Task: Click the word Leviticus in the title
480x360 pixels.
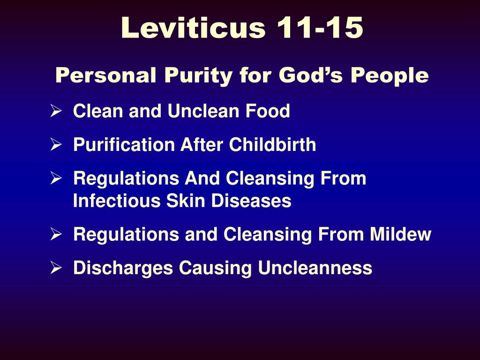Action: pos(193,28)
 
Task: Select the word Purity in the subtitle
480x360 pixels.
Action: pos(198,75)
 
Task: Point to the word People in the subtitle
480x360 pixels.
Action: pos(390,75)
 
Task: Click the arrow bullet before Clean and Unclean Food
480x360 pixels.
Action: pos(56,111)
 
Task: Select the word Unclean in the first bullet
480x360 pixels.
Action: pos(203,111)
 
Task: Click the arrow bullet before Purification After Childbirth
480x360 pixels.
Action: pos(56,144)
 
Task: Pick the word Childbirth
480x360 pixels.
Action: pos(272,144)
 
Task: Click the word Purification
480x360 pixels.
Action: pos(124,144)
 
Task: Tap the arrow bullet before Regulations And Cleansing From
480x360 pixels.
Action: pos(56,178)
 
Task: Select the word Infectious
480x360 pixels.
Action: pos(117,201)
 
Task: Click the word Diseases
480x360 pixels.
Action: pos(251,201)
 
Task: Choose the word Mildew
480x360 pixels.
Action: pos(400,234)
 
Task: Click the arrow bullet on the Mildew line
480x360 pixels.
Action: pos(56,234)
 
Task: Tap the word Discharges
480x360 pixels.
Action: pos(123,268)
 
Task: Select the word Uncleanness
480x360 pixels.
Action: pos(315,268)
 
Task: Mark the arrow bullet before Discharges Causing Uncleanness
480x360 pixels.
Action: pos(56,268)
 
